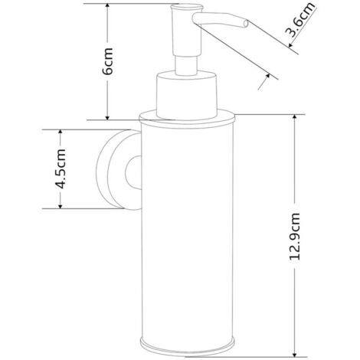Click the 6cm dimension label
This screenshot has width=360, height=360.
[x=107, y=61]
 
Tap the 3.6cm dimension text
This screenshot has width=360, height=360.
[x=299, y=20]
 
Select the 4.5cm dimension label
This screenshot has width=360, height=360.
[x=61, y=169]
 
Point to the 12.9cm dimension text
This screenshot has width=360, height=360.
[x=295, y=236]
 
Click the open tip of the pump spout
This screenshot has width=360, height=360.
[x=246, y=24]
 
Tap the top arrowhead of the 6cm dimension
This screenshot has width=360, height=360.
[x=107, y=6]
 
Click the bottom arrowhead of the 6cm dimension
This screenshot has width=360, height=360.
[x=107, y=117]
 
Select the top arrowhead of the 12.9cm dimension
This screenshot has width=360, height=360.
[x=295, y=117]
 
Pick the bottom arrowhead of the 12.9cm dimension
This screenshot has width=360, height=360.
[x=295, y=354]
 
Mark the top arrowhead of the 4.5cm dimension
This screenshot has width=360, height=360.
[x=61, y=133]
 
